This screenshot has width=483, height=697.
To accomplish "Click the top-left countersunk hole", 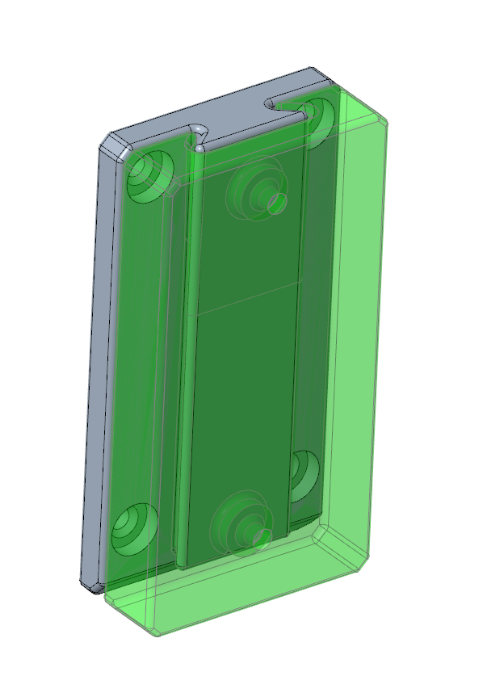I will (x=148, y=174).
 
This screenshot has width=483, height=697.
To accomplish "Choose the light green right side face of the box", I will (x=355, y=339).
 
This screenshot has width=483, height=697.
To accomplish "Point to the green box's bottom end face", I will (x=242, y=598).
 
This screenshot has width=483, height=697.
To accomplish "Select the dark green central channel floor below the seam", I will (x=238, y=404).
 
